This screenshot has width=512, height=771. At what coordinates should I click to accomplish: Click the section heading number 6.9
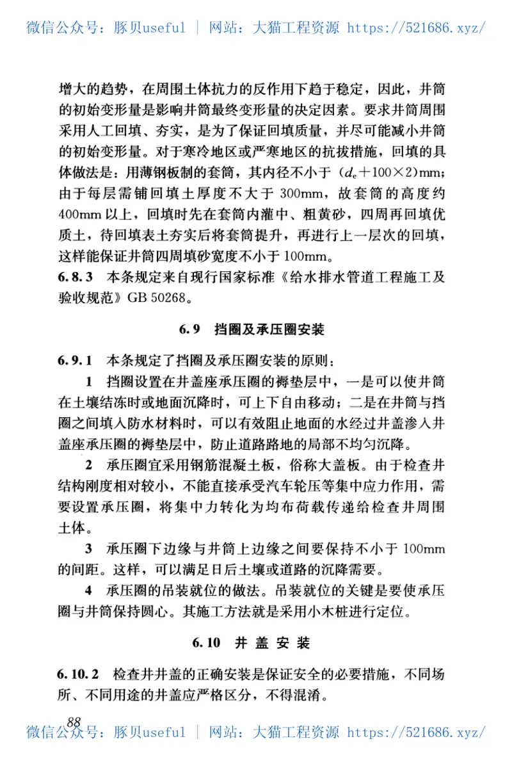click(x=191, y=330)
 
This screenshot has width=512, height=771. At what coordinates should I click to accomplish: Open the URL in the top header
click(x=416, y=28)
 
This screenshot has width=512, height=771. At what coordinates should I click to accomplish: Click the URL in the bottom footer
click(x=416, y=732)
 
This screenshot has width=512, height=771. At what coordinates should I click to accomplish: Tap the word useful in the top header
click(x=163, y=28)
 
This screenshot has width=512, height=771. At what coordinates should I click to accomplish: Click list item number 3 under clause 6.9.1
click(x=89, y=548)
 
